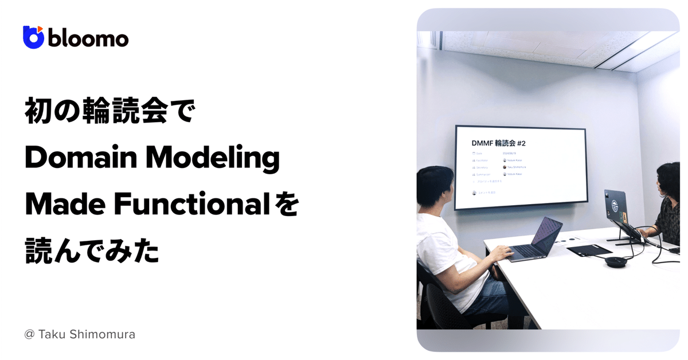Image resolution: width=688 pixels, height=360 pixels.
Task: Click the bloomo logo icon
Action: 33,37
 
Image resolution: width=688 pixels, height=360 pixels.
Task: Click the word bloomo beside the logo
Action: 88,38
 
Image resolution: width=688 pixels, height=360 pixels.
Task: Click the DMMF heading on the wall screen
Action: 485,143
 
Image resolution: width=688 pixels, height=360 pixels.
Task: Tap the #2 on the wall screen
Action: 534,143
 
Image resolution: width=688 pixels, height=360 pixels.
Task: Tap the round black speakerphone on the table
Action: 616,262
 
